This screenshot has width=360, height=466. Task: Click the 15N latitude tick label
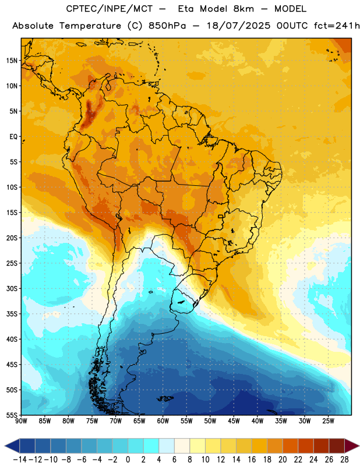tap(12, 61)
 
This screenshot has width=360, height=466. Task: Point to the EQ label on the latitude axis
tap(13, 137)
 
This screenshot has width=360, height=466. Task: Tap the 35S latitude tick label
tap(12, 314)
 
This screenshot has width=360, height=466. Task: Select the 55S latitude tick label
tap(12, 415)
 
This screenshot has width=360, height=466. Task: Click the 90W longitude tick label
tap(21, 421)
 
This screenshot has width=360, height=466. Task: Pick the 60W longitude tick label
tap(163, 421)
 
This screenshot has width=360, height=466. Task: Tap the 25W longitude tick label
tap(328, 421)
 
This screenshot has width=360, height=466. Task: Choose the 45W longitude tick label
tap(234, 421)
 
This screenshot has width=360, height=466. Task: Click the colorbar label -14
tap(20, 460)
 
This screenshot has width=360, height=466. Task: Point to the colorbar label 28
tap(344, 460)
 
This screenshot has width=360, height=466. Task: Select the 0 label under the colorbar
tap(128, 460)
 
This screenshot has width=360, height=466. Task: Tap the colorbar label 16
tap(252, 460)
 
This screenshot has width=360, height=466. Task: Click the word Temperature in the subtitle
tap(90, 26)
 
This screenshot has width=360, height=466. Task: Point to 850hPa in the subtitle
tap(167, 26)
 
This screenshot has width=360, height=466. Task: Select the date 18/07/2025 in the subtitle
tap(238, 26)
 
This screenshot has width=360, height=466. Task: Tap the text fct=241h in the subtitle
tap(337, 26)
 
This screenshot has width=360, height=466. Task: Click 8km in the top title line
tap(243, 9)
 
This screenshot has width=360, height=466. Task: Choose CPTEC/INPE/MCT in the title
tap(110, 9)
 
